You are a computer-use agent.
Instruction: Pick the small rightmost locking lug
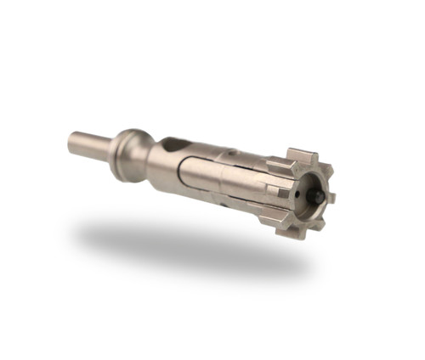[330, 197]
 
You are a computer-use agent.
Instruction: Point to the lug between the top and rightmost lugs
[320, 168]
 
